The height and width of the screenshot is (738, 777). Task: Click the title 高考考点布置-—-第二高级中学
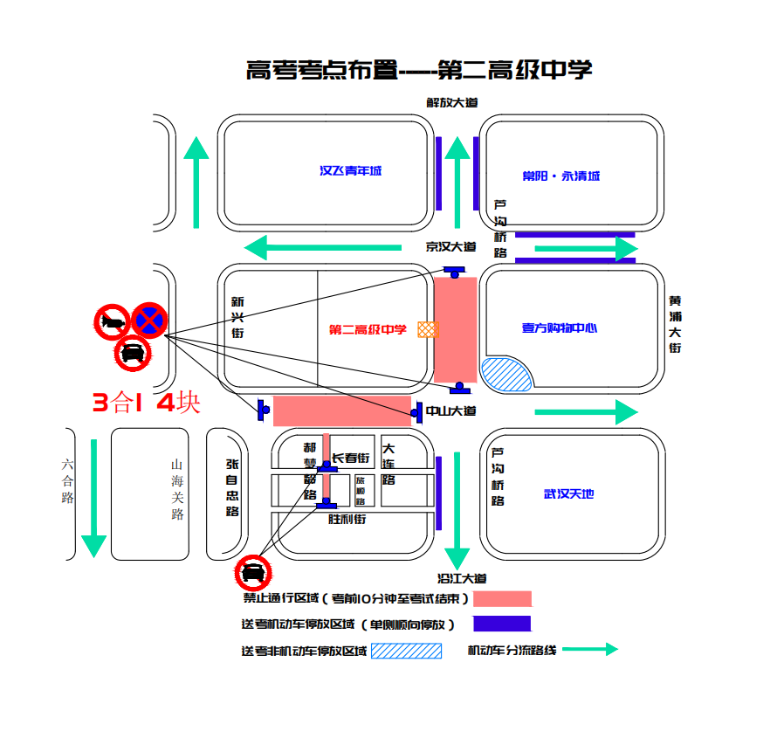[419, 70]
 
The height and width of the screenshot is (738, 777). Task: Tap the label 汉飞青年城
[350, 171]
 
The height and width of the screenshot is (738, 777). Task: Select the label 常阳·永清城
[561, 176]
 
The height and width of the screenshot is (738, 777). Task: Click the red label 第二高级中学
[368, 329]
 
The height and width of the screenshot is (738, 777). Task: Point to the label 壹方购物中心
[560, 328]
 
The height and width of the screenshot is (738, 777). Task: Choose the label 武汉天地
[568, 494]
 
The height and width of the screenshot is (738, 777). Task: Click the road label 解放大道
[452, 102]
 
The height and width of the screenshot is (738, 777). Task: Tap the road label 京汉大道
[450, 247]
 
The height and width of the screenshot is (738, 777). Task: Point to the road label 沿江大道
[462, 578]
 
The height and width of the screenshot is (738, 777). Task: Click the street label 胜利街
[347, 519]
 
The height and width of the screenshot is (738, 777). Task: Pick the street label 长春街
[351, 458]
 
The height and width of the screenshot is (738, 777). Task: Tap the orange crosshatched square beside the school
[428, 329]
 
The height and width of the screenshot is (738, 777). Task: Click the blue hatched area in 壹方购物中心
[506, 374]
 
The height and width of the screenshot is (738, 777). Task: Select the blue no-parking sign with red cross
[149, 321]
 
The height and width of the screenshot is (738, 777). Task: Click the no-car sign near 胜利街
[253, 573]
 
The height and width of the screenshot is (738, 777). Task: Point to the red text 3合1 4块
[147, 403]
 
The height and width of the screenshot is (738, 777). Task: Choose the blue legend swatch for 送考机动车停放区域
[502, 624]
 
